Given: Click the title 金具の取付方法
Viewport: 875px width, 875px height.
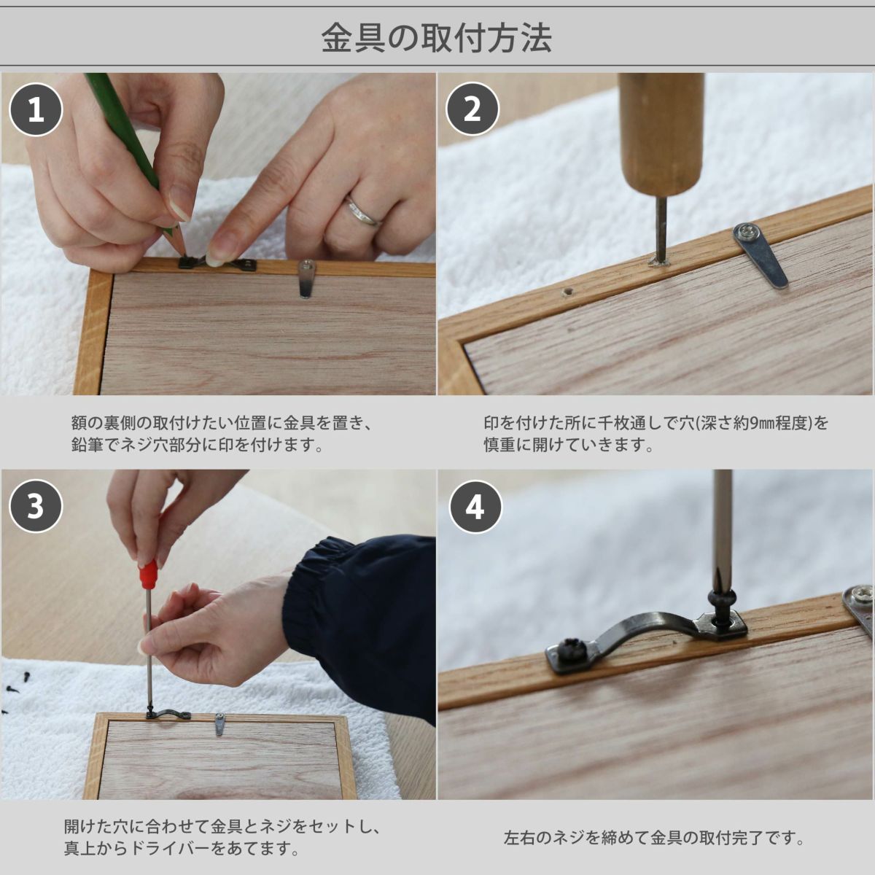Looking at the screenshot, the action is click(x=437, y=38).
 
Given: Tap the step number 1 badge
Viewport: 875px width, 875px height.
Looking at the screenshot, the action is click(x=36, y=109).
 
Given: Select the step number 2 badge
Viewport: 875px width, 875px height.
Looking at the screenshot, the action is click(x=472, y=109).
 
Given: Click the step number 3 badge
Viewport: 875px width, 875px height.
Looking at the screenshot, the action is click(x=36, y=506).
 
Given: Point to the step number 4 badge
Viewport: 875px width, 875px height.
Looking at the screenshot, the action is click(x=475, y=507).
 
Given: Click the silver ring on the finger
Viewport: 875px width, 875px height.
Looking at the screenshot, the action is click(x=363, y=211).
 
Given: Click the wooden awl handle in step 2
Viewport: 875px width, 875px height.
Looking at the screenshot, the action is click(x=662, y=134).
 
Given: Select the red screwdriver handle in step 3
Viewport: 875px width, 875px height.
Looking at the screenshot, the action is click(x=148, y=574).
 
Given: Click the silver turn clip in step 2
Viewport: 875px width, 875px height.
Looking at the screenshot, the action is click(x=761, y=254).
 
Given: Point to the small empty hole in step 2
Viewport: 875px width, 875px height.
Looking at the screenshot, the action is click(x=567, y=292).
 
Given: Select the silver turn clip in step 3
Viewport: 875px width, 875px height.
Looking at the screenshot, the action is click(x=219, y=724).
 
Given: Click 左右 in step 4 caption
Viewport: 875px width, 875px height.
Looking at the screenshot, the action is click(x=519, y=838).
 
